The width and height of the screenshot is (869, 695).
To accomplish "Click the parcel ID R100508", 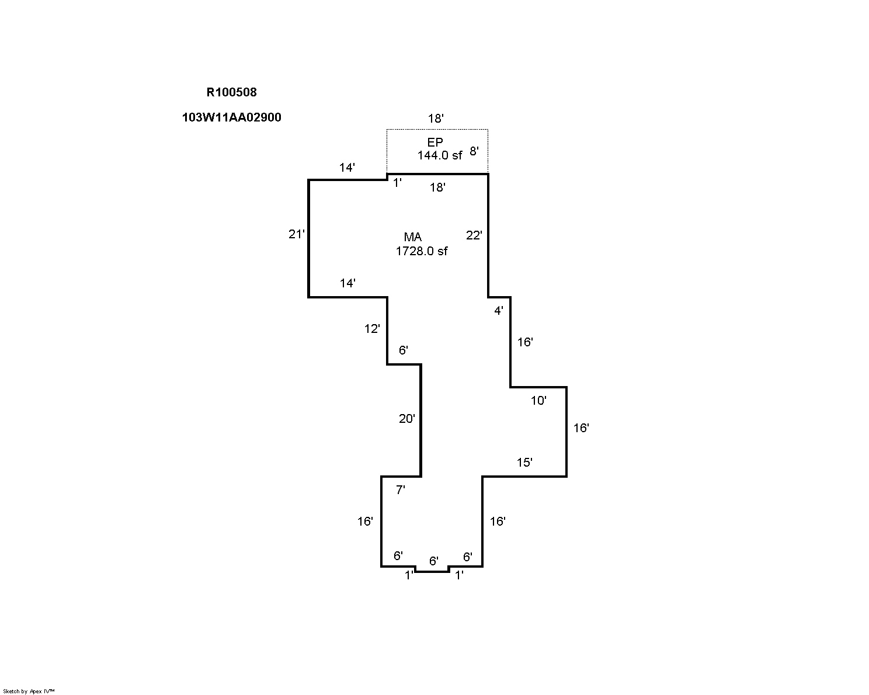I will [231, 92].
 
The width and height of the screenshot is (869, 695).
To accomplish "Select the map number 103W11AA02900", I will [231, 117].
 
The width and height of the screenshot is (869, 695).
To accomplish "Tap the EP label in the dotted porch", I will [435, 142].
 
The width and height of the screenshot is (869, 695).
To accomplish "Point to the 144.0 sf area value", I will [439, 155].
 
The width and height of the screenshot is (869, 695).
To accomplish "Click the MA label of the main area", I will [413, 237].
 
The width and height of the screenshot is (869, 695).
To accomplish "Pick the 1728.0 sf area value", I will [422, 251].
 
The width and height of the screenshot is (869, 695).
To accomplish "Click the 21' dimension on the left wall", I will [297, 234].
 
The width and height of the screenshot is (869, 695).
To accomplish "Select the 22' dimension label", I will [474, 235].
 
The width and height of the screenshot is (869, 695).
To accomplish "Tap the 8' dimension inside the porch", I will [474, 151].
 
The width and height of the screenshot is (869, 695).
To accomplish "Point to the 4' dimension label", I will [499, 311].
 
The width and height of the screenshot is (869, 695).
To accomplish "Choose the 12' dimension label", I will [373, 329].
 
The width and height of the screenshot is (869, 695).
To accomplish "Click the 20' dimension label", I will [407, 419].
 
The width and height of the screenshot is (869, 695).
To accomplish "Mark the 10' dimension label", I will [538, 401].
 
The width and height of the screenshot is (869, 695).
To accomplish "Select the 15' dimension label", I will [524, 463].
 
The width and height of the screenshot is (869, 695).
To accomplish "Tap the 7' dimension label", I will [401, 490].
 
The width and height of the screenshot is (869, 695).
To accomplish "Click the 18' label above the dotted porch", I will [436, 119].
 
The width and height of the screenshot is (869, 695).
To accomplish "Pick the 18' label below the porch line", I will [438, 187].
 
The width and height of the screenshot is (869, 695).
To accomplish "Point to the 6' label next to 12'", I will [404, 350].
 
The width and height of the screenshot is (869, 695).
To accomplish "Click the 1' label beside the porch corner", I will [398, 183].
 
